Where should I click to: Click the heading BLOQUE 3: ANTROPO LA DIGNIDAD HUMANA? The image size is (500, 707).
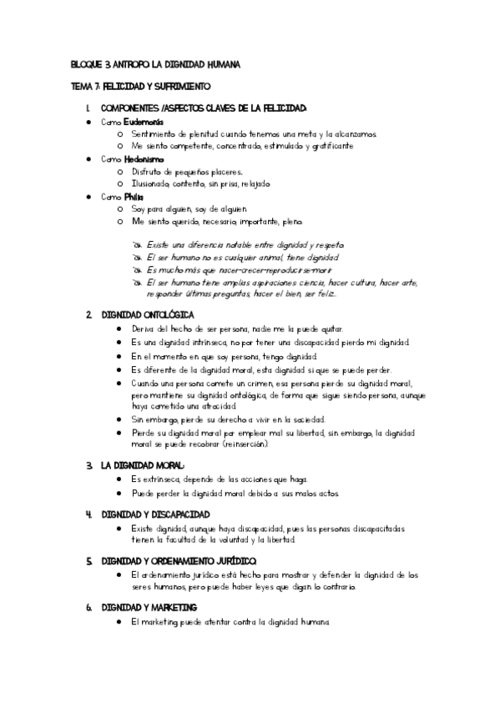156,64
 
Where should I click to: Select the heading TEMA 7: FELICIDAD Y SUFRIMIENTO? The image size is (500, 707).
140,86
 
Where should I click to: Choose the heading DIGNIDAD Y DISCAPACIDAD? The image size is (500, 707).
155,514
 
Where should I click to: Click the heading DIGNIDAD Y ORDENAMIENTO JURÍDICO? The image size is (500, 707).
179,560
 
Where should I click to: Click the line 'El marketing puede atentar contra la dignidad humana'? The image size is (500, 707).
231,622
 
